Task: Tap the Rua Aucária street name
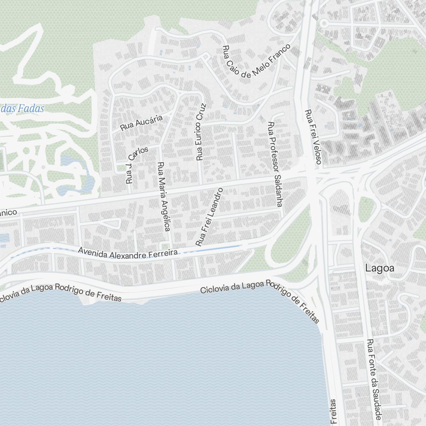tap(141, 123)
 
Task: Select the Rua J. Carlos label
tap(135, 164)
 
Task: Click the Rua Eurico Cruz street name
tap(201, 132)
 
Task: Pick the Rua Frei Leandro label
tap(209, 216)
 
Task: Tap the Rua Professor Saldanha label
tap(275, 164)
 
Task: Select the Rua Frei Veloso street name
tap(312, 137)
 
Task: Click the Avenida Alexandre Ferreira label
tap(128, 253)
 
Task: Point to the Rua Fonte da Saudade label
tap(374, 379)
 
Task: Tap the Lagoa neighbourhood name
tap(379, 268)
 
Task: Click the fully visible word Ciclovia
tap(215, 290)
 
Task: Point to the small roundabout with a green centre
tap(323, 23)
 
